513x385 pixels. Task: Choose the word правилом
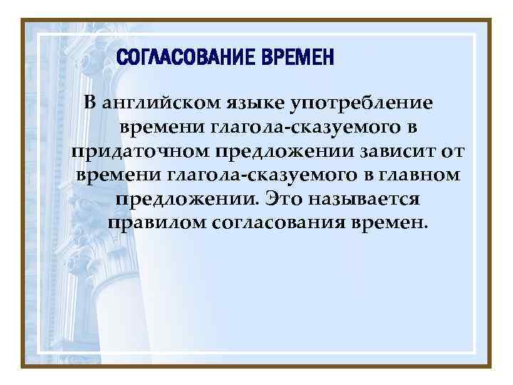coord(156,223)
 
